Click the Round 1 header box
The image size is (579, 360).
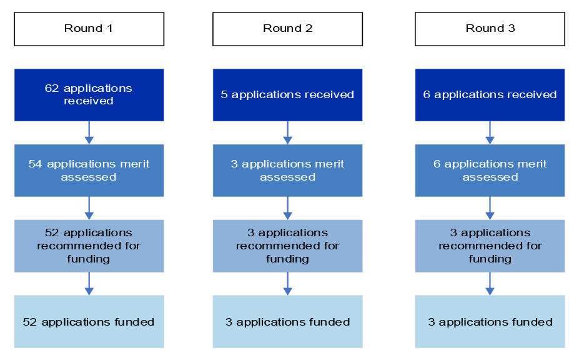[89, 29]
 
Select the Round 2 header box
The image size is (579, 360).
[287, 29]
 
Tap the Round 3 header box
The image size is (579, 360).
[490, 29]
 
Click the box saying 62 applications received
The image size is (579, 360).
[89, 94]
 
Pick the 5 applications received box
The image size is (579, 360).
[287, 94]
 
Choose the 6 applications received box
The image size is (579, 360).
[490, 94]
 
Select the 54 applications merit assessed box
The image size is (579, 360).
[89, 170]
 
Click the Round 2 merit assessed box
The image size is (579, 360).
[287, 170]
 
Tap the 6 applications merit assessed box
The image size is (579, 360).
[490, 170]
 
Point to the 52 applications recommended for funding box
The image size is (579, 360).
[89, 246]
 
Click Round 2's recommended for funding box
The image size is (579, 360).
[287, 246]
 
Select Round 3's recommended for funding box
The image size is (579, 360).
[490, 246]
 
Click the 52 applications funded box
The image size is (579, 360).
[89, 322]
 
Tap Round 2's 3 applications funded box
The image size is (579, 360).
[287, 322]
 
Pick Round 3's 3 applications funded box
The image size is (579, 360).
[490, 322]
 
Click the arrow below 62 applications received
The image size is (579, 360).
[89, 132]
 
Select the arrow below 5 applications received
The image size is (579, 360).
[287, 132]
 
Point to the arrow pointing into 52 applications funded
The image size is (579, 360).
[89, 284]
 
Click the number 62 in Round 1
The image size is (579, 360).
[52, 88]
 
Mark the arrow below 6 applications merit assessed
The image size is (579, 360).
[490, 208]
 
